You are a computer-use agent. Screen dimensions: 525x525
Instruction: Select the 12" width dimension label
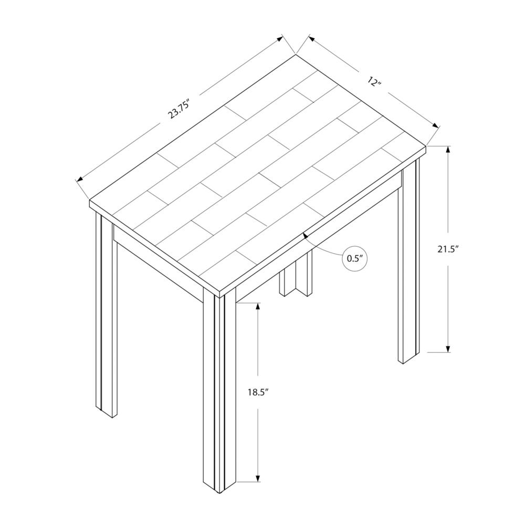click(374, 81)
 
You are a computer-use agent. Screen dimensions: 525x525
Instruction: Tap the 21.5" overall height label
click(448, 249)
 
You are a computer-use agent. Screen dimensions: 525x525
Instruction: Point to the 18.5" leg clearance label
click(258, 392)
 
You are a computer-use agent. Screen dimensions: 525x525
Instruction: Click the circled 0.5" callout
click(354, 258)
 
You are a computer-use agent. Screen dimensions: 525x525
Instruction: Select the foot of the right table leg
click(408, 358)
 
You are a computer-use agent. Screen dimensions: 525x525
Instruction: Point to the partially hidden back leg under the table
click(296, 274)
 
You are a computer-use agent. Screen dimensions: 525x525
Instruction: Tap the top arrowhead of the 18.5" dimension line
click(258, 307)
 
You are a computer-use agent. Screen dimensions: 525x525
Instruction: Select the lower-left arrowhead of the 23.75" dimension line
click(80, 180)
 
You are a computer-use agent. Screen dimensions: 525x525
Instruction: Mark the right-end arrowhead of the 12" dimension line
click(435, 125)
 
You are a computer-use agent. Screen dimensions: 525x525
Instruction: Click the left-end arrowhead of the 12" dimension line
click(311, 38)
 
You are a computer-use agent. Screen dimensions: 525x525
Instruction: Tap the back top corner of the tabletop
click(296, 54)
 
